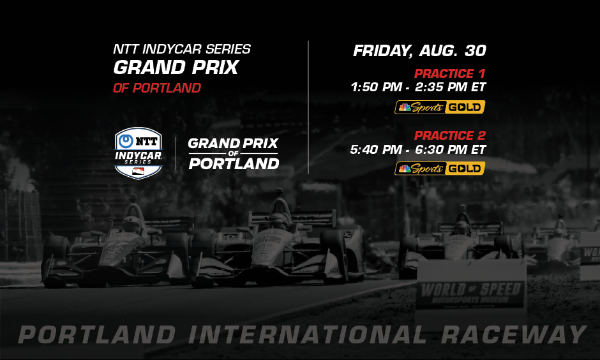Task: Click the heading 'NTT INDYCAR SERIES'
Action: pyautogui.click(x=181, y=49)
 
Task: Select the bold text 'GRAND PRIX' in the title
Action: pyautogui.click(x=176, y=68)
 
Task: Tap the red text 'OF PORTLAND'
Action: pyautogui.click(x=156, y=88)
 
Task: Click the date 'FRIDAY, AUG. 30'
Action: pyautogui.click(x=419, y=51)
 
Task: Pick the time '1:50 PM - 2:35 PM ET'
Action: pyautogui.click(x=418, y=87)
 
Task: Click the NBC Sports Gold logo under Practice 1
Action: pyautogui.click(x=440, y=107)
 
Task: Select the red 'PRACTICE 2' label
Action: pyautogui.click(x=449, y=135)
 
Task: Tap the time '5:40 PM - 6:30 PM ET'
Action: pyautogui.click(x=418, y=150)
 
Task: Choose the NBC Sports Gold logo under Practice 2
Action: pyautogui.click(x=440, y=169)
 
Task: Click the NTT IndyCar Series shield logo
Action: pyautogui.click(x=138, y=153)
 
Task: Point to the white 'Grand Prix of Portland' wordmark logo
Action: pyautogui.click(x=233, y=153)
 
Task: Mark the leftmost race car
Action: pyautogui.click(x=118, y=249)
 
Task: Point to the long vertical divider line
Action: pyautogui.click(x=309, y=107)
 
